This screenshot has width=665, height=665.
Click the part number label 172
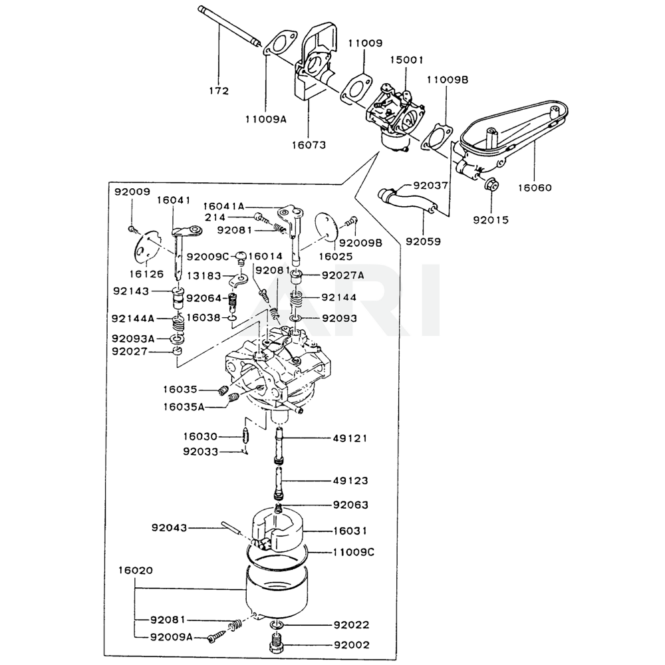(x=218, y=91)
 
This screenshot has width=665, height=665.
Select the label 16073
(x=310, y=144)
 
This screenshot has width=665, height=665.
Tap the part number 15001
(x=407, y=60)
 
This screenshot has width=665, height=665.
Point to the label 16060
(x=535, y=188)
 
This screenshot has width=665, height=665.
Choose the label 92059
(x=424, y=241)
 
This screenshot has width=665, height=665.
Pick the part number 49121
(x=350, y=438)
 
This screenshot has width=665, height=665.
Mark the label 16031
(x=350, y=531)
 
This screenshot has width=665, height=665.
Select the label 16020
(x=136, y=571)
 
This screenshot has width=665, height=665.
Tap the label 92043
(x=168, y=528)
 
